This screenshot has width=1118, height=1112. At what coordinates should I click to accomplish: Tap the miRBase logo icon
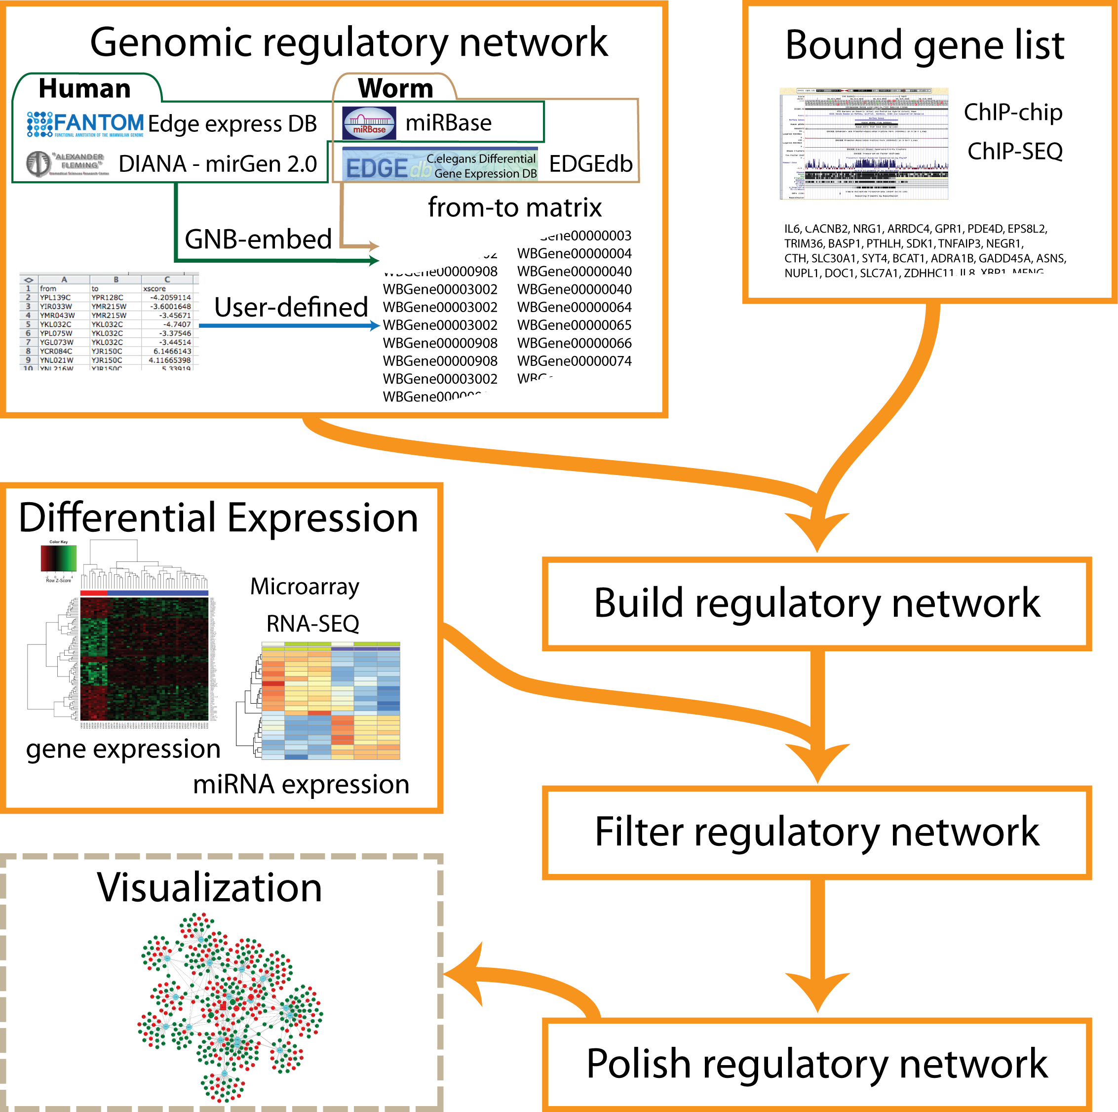point(369,123)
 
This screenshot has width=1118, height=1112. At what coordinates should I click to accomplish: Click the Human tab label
point(84,88)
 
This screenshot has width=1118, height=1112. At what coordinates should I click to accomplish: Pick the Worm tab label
point(395,88)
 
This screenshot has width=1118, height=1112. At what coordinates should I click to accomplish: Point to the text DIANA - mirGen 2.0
point(218,164)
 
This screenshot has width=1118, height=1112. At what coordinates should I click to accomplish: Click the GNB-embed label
point(258,239)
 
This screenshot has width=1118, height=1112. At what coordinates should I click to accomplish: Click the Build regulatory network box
point(816,603)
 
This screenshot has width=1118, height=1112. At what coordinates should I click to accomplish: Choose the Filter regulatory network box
point(816,832)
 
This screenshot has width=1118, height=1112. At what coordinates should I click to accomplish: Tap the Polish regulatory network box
point(816,1064)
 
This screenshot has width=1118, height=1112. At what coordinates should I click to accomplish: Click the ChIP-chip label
point(1013,112)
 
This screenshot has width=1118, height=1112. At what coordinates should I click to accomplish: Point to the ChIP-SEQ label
point(1015,152)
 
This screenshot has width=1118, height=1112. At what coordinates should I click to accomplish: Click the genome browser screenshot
point(864,144)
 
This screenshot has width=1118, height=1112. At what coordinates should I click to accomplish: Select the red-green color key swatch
point(58,558)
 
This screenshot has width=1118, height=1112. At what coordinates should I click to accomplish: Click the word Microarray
point(305,587)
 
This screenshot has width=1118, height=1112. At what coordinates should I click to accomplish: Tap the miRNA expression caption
point(301,784)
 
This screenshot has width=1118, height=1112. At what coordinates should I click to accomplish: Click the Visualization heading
point(209,887)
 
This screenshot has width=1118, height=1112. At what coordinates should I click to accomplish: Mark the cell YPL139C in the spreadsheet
point(56,298)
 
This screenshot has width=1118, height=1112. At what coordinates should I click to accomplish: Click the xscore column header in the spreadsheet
point(154,288)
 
